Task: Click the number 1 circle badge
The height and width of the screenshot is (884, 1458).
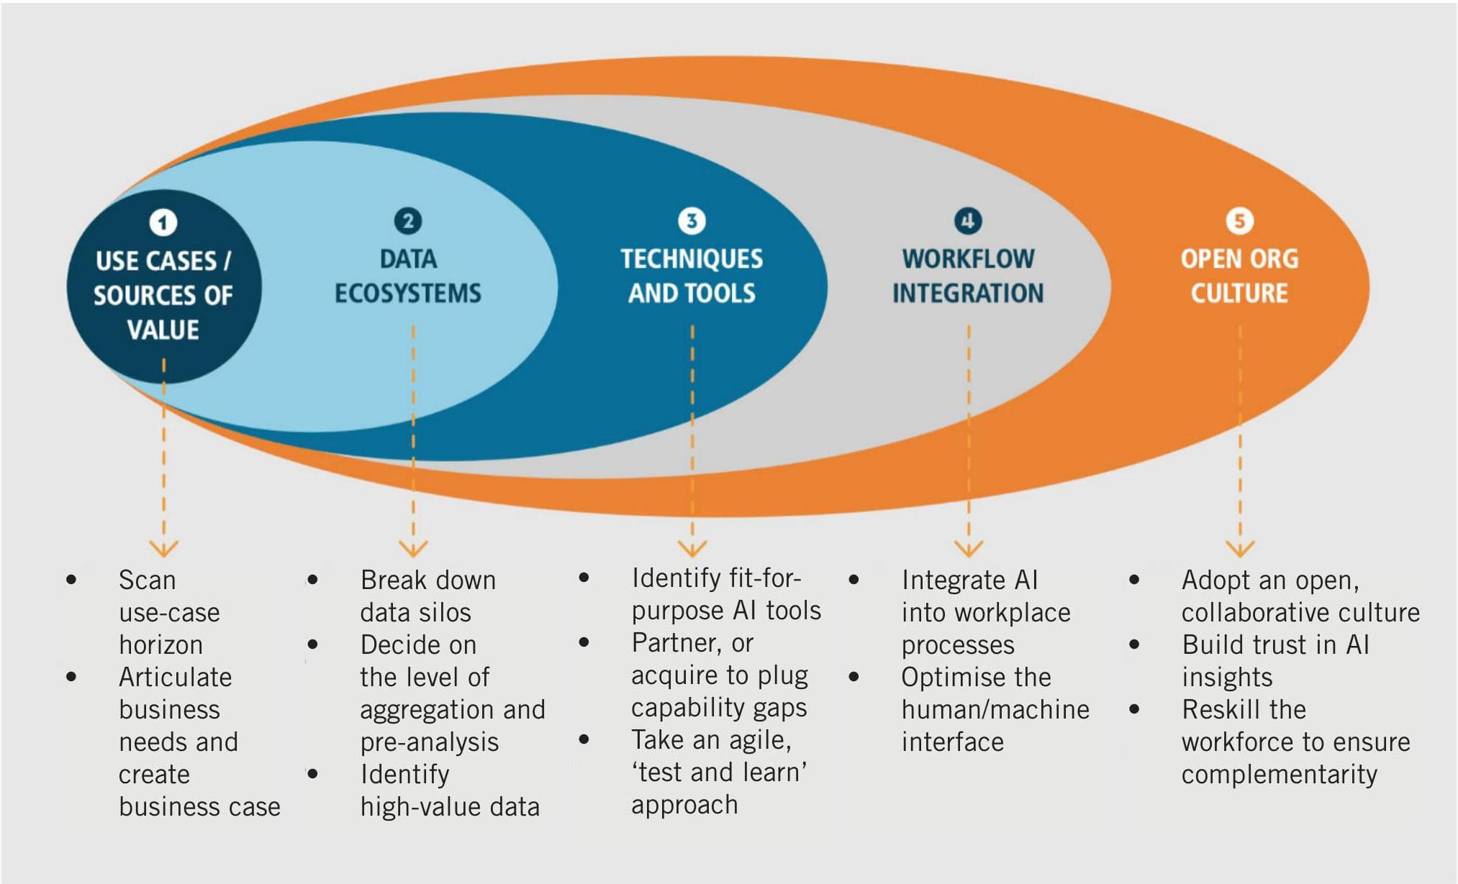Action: click(163, 222)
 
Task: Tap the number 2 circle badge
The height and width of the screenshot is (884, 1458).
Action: click(408, 221)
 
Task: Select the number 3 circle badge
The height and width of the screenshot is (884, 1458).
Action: click(692, 221)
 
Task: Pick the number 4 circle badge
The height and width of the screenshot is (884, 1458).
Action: click(968, 221)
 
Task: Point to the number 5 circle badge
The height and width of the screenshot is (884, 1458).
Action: click(1239, 221)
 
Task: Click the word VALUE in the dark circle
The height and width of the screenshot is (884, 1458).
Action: click(163, 330)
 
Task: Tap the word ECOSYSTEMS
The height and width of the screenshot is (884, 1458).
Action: click(408, 293)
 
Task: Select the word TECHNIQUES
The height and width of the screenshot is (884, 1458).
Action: click(692, 259)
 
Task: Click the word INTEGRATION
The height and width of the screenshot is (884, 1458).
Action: click(968, 293)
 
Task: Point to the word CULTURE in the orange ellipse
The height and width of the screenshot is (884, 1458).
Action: click(1239, 293)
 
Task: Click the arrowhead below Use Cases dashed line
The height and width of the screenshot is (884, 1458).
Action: click(164, 550)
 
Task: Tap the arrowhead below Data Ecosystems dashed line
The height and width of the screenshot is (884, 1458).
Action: click(413, 550)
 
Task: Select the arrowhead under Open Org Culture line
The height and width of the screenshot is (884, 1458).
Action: click(1240, 550)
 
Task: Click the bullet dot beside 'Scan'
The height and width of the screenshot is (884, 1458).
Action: click(71, 579)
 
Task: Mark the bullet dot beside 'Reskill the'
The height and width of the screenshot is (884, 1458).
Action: click(1135, 709)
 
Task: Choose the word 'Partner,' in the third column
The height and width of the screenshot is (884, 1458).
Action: click(677, 643)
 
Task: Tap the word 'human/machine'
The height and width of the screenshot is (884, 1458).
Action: click(995, 710)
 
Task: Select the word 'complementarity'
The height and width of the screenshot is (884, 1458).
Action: click(1279, 775)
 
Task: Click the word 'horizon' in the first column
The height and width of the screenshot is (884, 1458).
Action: click(160, 645)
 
